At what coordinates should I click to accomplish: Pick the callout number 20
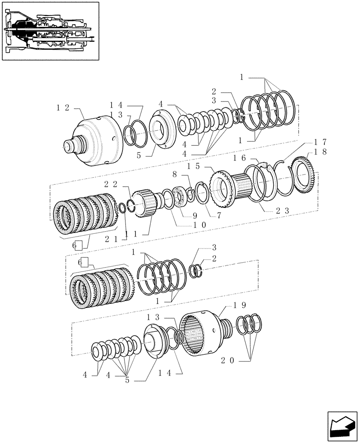pyautogui.click(x=228, y=361)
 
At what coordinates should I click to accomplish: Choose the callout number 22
pyautogui.click(x=110, y=184)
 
